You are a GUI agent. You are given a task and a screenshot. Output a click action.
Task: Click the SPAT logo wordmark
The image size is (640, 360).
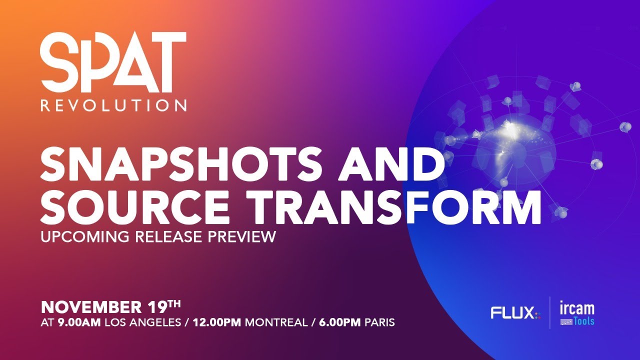(x=113, y=62)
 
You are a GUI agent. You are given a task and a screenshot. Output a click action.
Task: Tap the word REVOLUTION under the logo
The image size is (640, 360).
(x=113, y=105)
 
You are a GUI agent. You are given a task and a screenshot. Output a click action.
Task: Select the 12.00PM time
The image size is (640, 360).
(x=215, y=322)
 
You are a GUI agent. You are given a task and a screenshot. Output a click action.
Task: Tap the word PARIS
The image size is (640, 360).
(x=379, y=322)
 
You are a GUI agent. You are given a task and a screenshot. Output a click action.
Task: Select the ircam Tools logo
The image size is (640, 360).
(x=577, y=313)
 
